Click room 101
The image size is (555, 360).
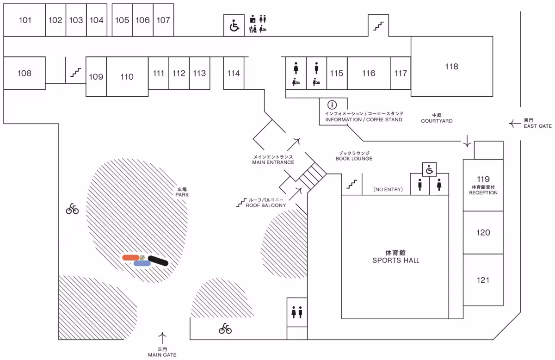click(x=25, y=20)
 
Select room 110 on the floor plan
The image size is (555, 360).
click(x=127, y=77)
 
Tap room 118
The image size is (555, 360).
click(x=451, y=67)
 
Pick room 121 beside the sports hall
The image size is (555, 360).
click(x=483, y=280)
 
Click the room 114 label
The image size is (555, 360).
click(x=234, y=73)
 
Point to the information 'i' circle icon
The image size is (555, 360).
click(x=332, y=105)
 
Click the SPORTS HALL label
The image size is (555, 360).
click(x=395, y=257)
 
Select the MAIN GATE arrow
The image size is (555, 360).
click(x=162, y=336)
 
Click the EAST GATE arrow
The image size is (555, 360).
click(x=514, y=123)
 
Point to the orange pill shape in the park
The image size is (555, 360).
click(x=131, y=257)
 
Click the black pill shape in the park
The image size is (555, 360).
click(x=158, y=261)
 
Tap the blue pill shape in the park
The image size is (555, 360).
click(x=142, y=263)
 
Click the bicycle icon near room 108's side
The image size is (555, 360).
click(x=72, y=209)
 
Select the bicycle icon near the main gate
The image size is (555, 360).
click(x=225, y=329)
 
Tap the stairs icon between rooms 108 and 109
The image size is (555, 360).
click(x=76, y=73)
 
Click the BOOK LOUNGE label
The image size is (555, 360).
click(x=354, y=155)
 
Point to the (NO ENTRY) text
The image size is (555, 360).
click(x=388, y=190)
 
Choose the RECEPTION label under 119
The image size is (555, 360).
click(x=483, y=192)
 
